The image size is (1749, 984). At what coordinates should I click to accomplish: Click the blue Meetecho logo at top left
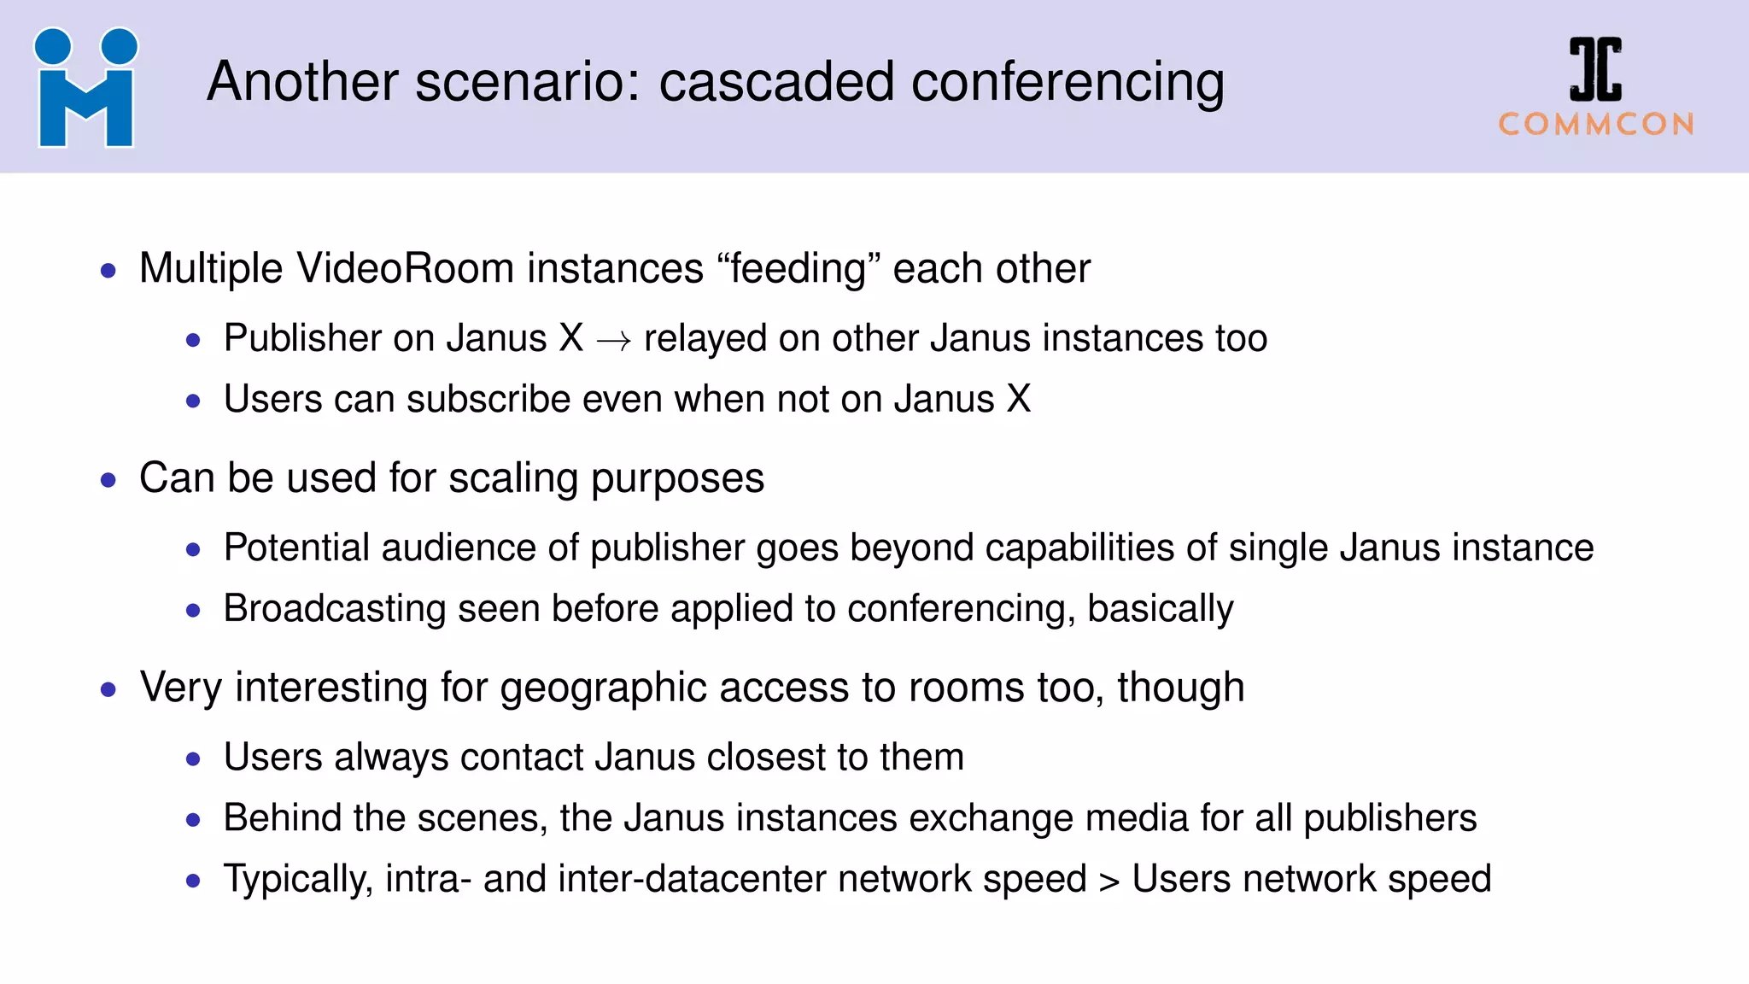click(85, 88)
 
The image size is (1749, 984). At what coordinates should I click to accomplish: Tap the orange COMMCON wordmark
click(1595, 125)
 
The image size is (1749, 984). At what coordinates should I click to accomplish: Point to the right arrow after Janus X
click(613, 341)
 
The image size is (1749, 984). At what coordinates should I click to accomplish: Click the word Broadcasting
click(334, 609)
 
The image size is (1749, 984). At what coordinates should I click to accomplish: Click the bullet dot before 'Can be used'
click(108, 480)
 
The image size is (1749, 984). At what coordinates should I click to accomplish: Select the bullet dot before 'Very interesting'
click(108, 689)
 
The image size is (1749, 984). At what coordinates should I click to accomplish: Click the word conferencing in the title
click(1068, 84)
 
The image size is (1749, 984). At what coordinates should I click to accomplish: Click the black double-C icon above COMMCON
click(1595, 70)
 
